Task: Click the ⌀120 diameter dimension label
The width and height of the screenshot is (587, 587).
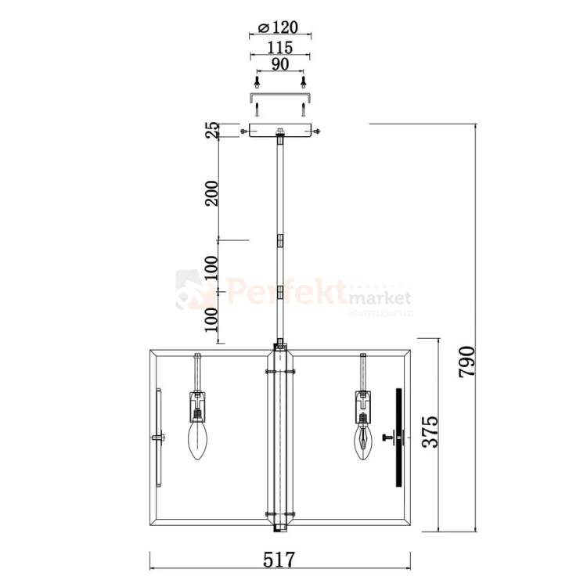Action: (279, 29)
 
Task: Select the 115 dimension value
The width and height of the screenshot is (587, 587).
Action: (279, 48)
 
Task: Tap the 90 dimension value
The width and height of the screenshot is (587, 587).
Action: (279, 66)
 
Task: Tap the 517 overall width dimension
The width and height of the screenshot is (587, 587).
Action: (279, 560)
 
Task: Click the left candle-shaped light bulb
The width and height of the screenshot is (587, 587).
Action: (197, 441)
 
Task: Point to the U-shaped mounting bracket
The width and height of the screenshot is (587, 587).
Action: (280, 96)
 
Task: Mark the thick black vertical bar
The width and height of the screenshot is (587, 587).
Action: (398, 438)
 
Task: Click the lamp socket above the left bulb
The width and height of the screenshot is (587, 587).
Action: (197, 405)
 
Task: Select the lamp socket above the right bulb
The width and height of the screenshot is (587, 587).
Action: (362, 405)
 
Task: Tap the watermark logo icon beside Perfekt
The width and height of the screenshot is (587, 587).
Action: (189, 290)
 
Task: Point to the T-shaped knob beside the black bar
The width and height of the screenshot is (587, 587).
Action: (386, 438)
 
